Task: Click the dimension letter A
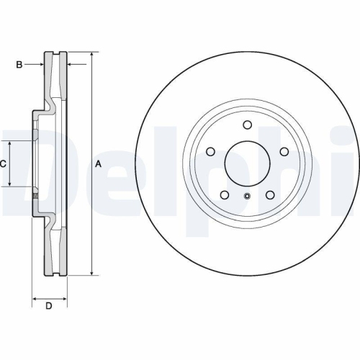tap(98, 164)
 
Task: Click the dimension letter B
tap(20, 65)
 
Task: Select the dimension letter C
tap(4, 164)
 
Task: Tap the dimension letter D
tap(49, 307)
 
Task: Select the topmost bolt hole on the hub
tap(246, 124)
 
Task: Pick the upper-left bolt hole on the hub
tap(211, 151)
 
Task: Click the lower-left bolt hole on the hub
tap(225, 194)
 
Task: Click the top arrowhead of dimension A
tap(92, 55)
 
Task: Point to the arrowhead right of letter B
tap(42, 65)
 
